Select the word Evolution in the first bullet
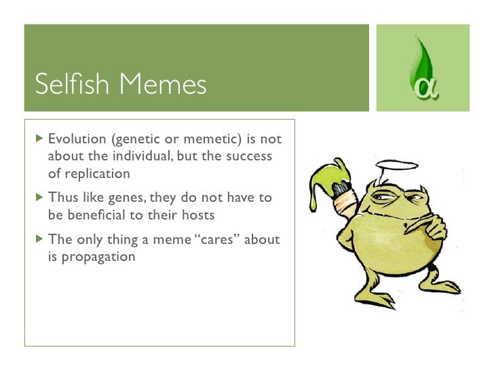(x=77, y=139)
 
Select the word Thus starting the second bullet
(x=62, y=198)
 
